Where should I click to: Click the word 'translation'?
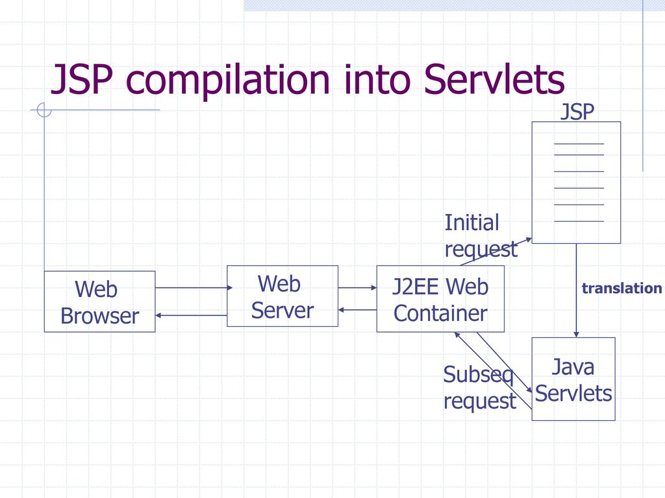click(621, 289)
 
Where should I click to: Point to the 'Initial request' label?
click(481, 236)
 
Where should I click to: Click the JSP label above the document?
click(577, 112)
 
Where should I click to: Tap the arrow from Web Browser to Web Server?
click(194, 288)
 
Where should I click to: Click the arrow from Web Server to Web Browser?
click(191, 316)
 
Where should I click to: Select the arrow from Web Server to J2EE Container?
click(357, 288)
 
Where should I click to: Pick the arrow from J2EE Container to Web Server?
click(357, 310)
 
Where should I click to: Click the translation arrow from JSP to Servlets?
click(576, 290)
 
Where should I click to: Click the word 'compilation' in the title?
click(228, 79)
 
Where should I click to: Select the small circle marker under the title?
click(44, 110)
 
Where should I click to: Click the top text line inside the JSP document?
click(579, 144)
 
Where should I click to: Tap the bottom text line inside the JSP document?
click(579, 222)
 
